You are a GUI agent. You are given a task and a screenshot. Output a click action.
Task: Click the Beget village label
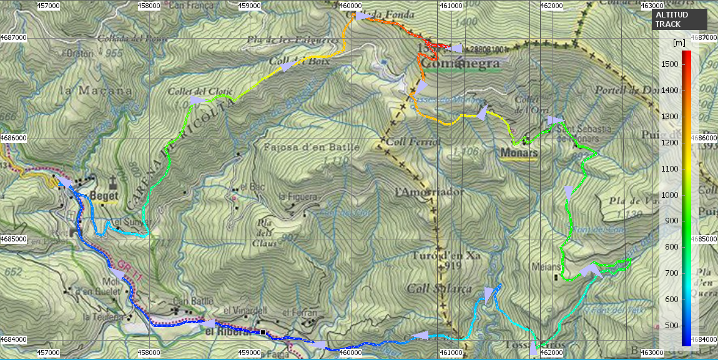(104, 195)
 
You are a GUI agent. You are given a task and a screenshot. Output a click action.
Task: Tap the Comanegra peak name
(461, 63)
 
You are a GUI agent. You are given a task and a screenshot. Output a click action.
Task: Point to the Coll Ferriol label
(413, 142)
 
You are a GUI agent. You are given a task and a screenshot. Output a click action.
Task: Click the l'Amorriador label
(430, 192)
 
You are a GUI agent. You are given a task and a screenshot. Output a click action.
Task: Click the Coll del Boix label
(290, 61)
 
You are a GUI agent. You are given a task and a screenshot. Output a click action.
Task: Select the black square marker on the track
(263, 333)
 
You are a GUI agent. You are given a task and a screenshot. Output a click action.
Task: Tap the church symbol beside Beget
(113, 182)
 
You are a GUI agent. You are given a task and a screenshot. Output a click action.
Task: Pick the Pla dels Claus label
(267, 233)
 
